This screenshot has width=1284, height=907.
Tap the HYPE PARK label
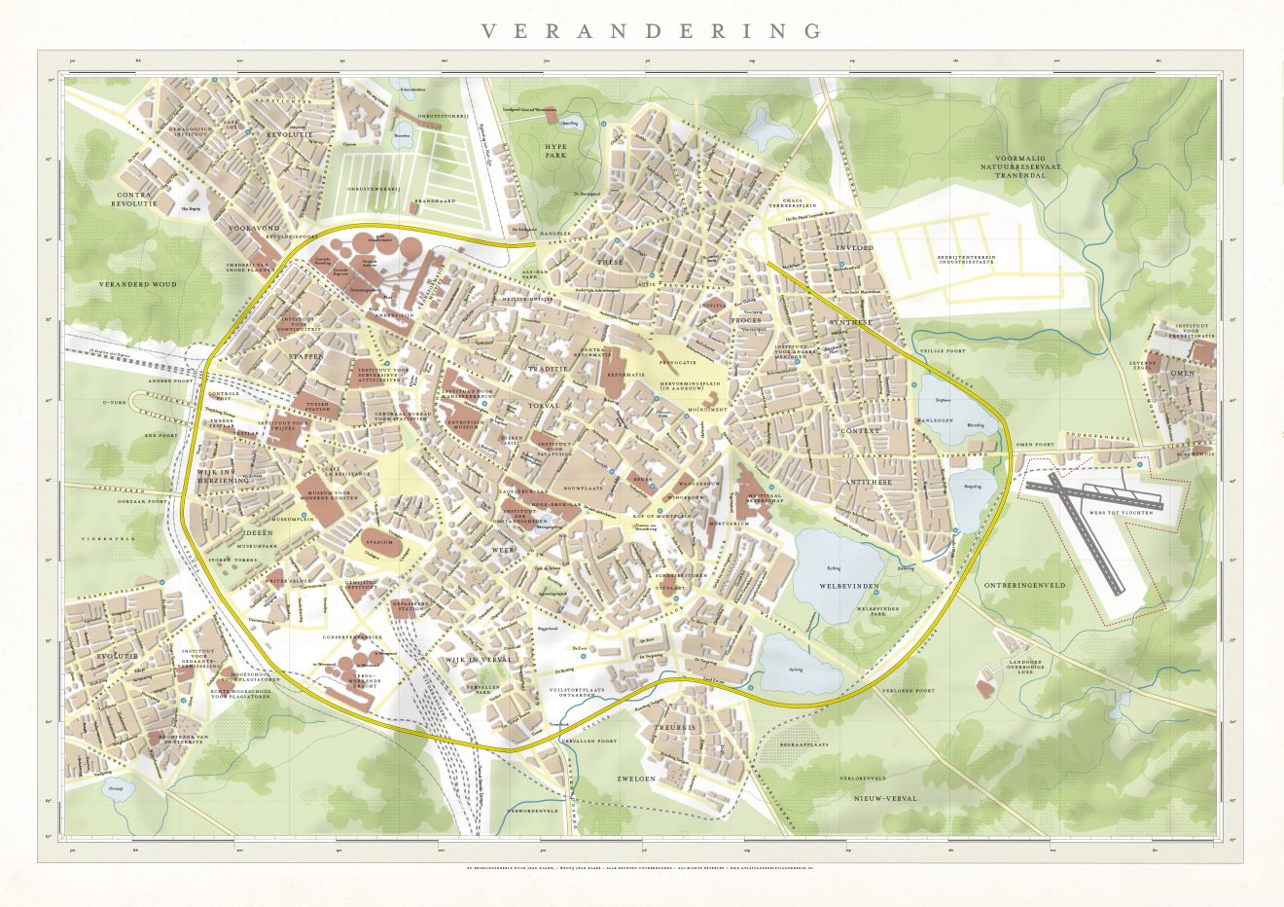pos(555,150)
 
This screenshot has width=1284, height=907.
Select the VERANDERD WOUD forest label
pos(137,284)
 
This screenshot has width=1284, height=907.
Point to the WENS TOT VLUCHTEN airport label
pos(1122,510)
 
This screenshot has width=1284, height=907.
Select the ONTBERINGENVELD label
pos(1024,586)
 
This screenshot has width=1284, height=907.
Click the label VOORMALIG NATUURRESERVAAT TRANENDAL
pos(1032,166)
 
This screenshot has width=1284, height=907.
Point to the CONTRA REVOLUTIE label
pos(134,200)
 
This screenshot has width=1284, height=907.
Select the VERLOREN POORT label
pos(908,690)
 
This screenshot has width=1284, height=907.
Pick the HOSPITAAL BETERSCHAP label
pos(765,496)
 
